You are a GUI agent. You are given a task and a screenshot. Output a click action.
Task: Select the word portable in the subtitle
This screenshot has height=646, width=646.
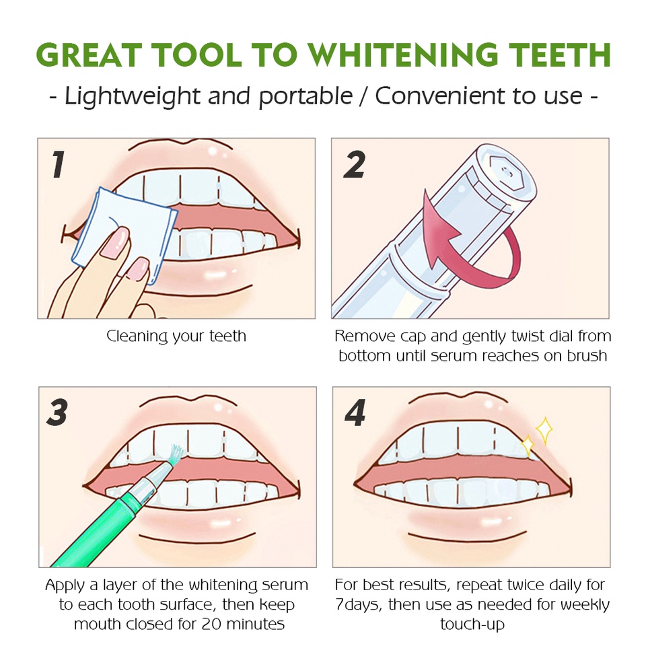(x=306, y=97)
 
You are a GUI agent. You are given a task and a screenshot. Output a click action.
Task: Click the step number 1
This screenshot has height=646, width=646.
(x=59, y=164)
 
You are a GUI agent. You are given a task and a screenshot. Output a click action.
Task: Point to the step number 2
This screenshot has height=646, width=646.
(x=355, y=164)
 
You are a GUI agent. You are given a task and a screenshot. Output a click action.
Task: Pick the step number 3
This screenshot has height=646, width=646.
(x=57, y=412)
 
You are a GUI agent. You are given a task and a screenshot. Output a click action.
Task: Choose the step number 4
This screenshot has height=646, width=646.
(x=355, y=412)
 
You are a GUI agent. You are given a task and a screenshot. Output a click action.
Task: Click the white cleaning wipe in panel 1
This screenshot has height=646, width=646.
(x=124, y=235)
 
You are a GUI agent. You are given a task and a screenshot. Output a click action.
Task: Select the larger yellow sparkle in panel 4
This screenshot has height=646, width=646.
(x=544, y=431)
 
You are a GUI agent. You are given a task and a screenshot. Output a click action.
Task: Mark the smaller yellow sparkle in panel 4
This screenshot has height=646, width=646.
(x=528, y=445)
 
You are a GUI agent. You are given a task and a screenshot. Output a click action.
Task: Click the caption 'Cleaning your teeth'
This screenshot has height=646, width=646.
(x=176, y=336)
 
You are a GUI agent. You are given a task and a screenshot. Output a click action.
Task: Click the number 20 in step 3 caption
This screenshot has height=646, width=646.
(x=211, y=624)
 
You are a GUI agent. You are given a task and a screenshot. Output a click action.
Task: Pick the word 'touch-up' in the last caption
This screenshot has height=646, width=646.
(x=472, y=624)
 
